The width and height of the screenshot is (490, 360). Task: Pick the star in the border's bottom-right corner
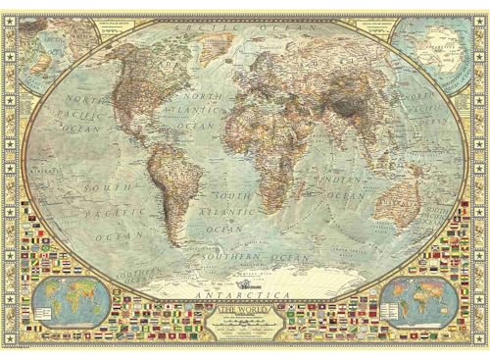[481, 351]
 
